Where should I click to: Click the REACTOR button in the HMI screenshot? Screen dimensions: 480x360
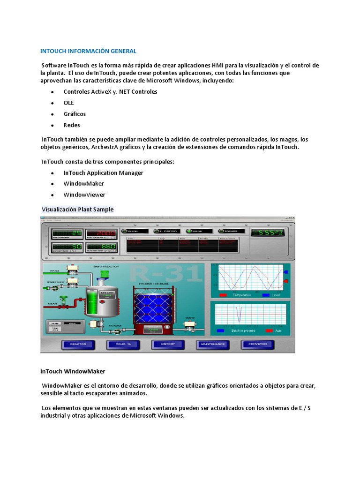point(78,345)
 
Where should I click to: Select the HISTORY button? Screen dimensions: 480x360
point(168,345)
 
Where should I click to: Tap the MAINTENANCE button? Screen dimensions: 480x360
point(213,345)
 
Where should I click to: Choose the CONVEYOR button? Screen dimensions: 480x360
point(258,345)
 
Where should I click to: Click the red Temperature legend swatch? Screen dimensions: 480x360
point(224,295)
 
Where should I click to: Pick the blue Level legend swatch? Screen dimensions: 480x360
point(266,295)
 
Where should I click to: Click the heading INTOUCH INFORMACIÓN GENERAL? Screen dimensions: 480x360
point(88,51)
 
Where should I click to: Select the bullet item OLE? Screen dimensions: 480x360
point(69,103)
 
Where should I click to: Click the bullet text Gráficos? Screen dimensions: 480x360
point(75,114)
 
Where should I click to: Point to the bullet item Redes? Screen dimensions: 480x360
point(72,125)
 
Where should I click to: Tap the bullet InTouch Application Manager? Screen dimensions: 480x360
point(103,172)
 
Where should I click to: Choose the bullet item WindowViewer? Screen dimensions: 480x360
point(84,195)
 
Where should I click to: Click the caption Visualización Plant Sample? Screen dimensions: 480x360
point(78,209)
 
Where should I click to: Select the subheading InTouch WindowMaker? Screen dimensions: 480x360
point(73,371)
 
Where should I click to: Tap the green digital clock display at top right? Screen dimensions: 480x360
point(267,232)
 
